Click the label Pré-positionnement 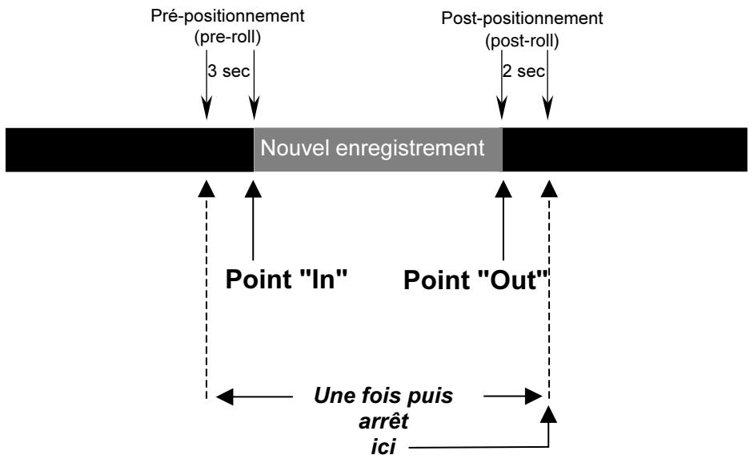227,16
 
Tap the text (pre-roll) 227,37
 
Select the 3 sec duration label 228,71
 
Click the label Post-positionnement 522,18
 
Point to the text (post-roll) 522,41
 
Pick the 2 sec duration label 523,71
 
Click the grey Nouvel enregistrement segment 378,150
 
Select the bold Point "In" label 287,279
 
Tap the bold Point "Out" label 476,280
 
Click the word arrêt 383,421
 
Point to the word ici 383,447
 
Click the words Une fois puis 383,396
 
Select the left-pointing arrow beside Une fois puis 255,397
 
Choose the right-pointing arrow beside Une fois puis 513,397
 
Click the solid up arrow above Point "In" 254,220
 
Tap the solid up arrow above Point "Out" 503,220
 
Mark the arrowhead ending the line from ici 548,414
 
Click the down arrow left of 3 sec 207,85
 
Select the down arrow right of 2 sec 547,85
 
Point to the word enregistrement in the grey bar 410,148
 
